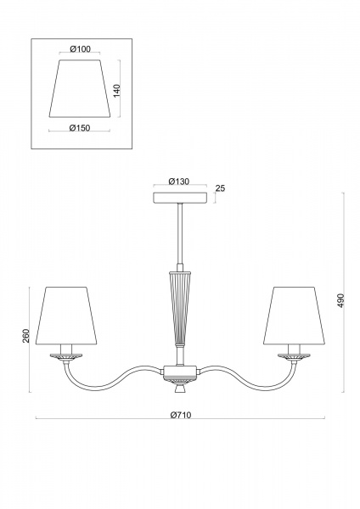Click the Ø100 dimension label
coord(80,49)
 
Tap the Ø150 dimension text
coord(80,128)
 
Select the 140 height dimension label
coord(117,91)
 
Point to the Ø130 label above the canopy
coord(178,182)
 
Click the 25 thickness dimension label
coord(220,188)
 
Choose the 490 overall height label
coord(340,300)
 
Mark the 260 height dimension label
coord(26,336)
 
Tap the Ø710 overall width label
coord(181,415)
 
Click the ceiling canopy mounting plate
coord(180,198)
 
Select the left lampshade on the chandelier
coord(66,315)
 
